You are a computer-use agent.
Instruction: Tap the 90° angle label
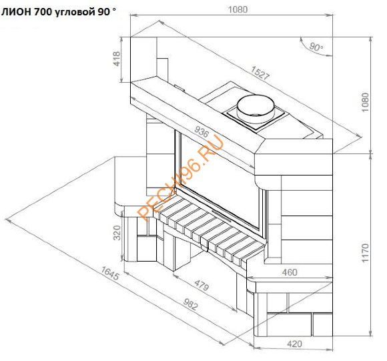tap(316, 47)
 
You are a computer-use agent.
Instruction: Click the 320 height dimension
tap(117, 234)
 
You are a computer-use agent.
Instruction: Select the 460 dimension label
tap(289, 272)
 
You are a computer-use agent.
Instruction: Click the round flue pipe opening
tap(256, 106)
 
